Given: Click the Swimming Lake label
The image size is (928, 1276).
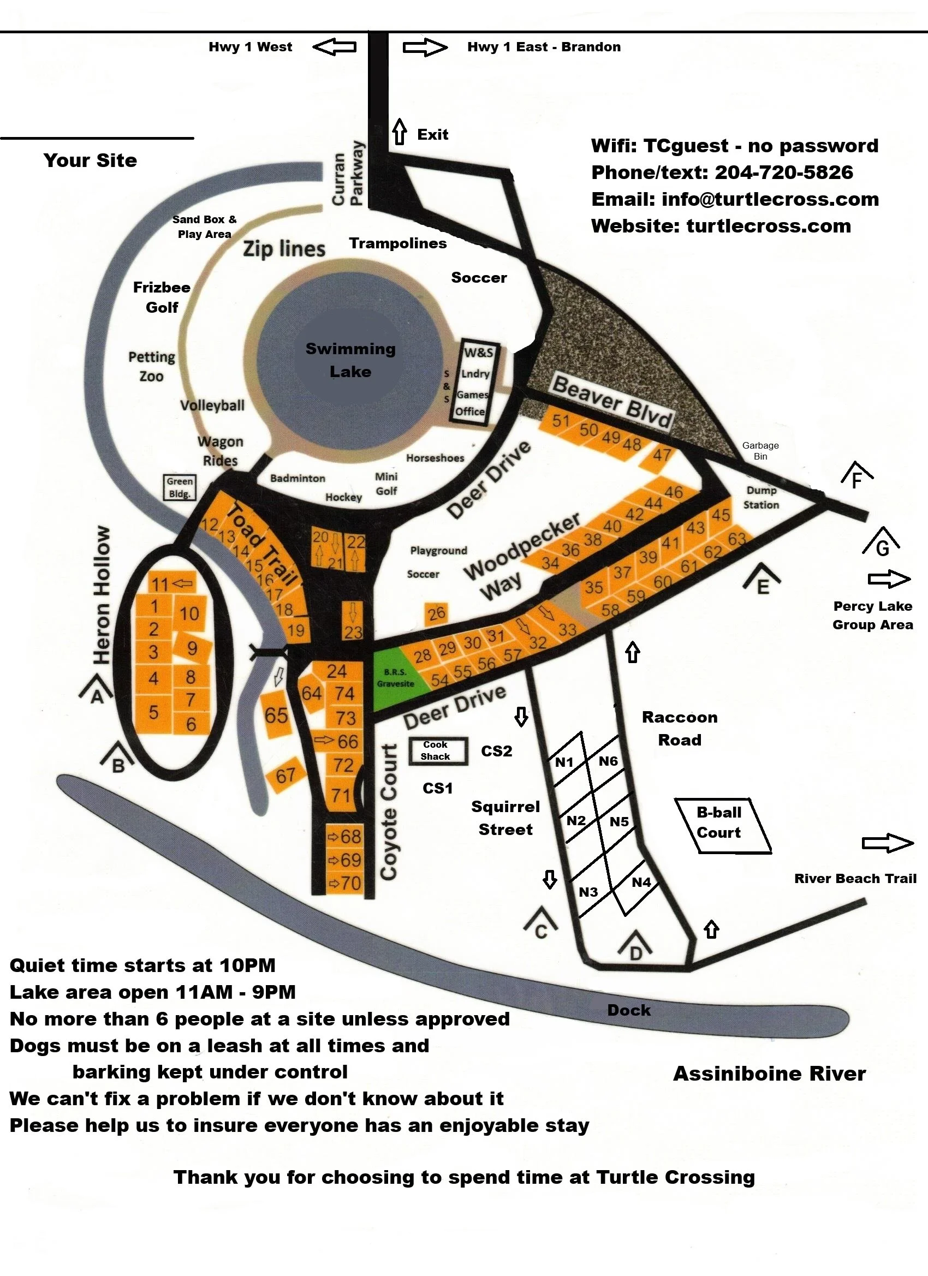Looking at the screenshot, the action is (x=350, y=360).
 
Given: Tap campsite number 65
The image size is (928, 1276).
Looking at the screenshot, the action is (x=276, y=715).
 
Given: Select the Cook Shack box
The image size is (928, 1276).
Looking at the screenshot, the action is (x=438, y=750).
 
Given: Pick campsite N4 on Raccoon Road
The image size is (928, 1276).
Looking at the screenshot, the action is (x=641, y=882).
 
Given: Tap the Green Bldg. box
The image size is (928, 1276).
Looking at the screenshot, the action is (x=180, y=487).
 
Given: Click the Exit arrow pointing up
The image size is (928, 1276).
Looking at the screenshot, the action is (x=399, y=132).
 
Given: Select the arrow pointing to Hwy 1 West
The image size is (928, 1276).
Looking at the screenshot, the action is (x=335, y=47).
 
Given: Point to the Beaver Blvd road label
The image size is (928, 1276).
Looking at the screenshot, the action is (x=612, y=402).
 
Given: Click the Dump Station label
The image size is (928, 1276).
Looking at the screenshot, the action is (x=761, y=497).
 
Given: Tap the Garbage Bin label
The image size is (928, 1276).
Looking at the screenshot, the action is (x=760, y=451).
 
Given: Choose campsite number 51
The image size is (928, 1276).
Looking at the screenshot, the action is (x=561, y=420).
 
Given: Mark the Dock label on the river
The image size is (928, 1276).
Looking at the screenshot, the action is (x=629, y=1010).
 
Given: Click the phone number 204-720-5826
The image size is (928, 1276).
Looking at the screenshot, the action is (x=783, y=172).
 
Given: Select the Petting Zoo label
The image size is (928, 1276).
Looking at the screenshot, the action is (x=151, y=366).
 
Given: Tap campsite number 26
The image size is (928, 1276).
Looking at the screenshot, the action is (x=436, y=613).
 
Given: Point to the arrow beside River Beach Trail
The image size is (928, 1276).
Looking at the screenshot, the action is (x=887, y=843).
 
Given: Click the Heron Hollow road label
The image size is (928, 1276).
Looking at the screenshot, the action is (x=102, y=595).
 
